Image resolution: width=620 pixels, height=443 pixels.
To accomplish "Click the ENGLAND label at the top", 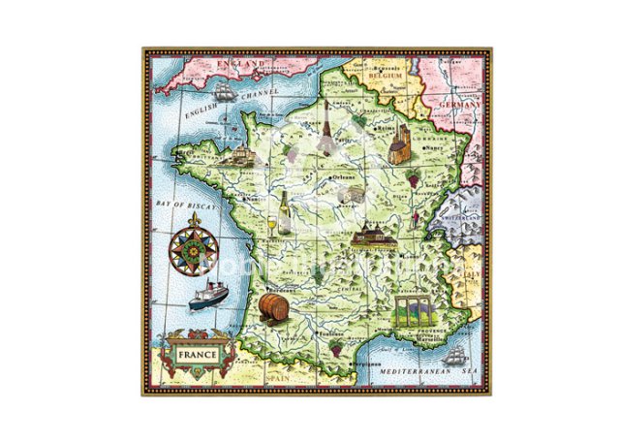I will pos(240,63).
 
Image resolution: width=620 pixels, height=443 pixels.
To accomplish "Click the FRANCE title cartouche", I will pos(198,355).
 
